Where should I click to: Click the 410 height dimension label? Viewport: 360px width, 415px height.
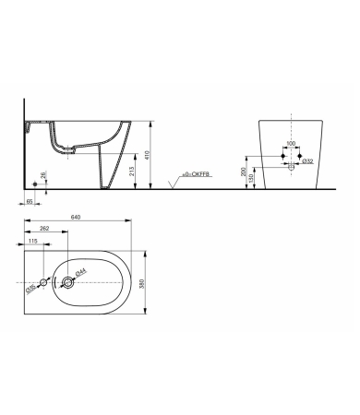point(159,156)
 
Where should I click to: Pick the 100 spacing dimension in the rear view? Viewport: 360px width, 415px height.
point(290,143)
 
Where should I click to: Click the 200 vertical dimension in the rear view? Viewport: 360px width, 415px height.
point(243,172)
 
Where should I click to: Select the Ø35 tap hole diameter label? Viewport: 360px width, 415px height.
point(30,290)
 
